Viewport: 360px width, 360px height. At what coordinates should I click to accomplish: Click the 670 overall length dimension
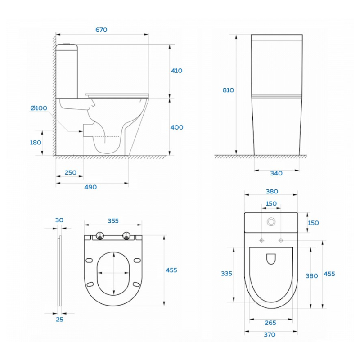point(101,30)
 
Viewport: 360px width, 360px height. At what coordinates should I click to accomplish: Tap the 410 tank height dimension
point(176,71)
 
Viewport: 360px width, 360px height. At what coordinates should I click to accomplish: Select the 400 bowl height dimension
point(177,127)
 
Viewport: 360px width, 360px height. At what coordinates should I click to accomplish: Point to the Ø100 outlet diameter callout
point(39,108)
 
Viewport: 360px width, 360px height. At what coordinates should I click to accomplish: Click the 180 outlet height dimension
point(36,143)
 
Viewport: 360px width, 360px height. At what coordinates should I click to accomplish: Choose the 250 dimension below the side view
point(71,173)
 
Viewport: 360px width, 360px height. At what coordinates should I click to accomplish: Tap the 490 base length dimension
point(90,187)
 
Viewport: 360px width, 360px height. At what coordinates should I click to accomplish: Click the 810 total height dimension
point(228,90)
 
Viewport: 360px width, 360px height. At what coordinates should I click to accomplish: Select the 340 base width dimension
point(276,173)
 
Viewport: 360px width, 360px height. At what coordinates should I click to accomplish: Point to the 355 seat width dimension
point(113,221)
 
